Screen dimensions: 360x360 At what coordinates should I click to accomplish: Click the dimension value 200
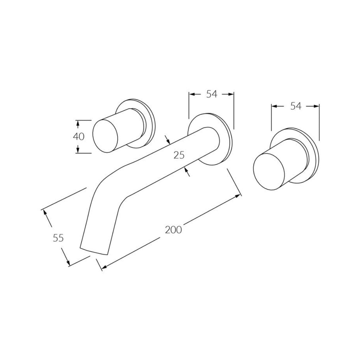pyautogui.click(x=174, y=230)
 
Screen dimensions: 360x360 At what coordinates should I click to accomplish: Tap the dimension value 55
pyautogui.click(x=58, y=238)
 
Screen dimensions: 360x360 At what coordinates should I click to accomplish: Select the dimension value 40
pyautogui.click(x=78, y=137)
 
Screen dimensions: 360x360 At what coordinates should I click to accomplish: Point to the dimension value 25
pyautogui.click(x=179, y=155)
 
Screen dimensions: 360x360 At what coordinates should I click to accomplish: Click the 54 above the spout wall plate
pyautogui.click(x=211, y=94)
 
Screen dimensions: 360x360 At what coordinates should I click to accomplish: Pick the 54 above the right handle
pyautogui.click(x=296, y=106)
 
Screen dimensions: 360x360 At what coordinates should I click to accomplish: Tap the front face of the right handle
pyautogui.click(x=269, y=172)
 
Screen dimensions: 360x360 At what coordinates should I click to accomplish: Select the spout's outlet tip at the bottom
pyautogui.click(x=94, y=251)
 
